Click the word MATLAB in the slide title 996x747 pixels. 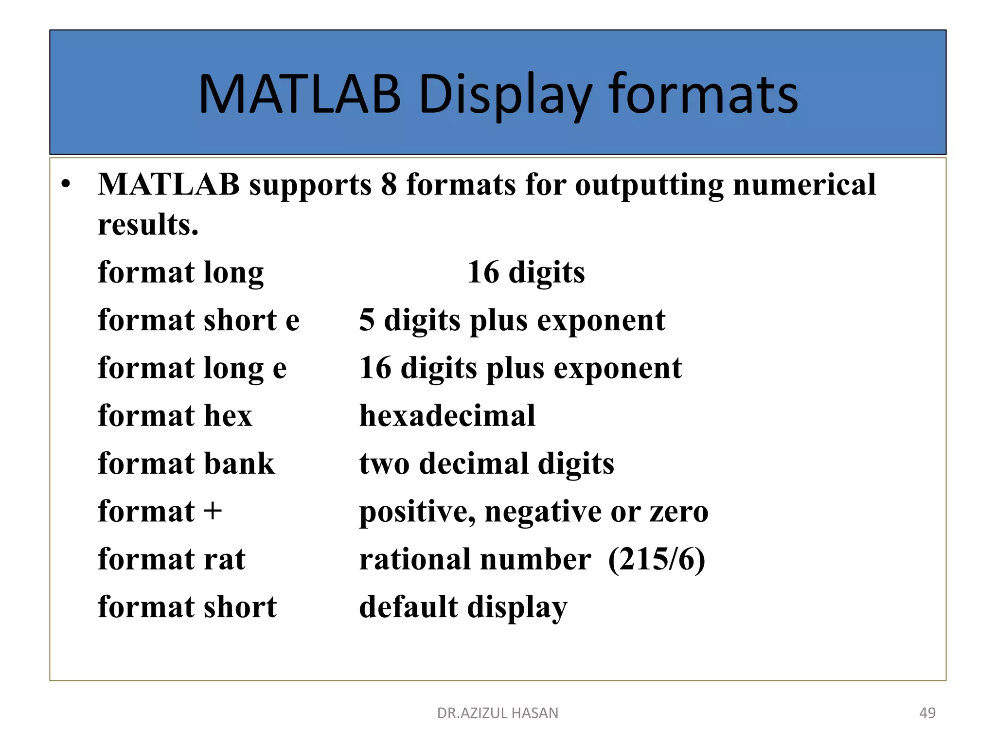(300, 94)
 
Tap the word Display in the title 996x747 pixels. (505, 94)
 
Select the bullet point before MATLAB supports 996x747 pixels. (66, 184)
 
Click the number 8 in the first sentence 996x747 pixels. (389, 185)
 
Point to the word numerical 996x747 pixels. (804, 185)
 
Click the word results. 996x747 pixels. (148, 225)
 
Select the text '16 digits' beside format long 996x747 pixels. (526, 272)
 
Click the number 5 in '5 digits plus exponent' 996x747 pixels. (367, 320)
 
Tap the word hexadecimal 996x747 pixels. (447, 416)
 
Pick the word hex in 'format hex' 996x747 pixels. (228, 416)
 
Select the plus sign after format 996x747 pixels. (213, 512)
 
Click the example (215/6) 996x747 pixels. (657, 559)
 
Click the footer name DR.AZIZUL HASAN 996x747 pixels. (498, 713)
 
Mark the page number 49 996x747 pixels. (927, 713)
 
